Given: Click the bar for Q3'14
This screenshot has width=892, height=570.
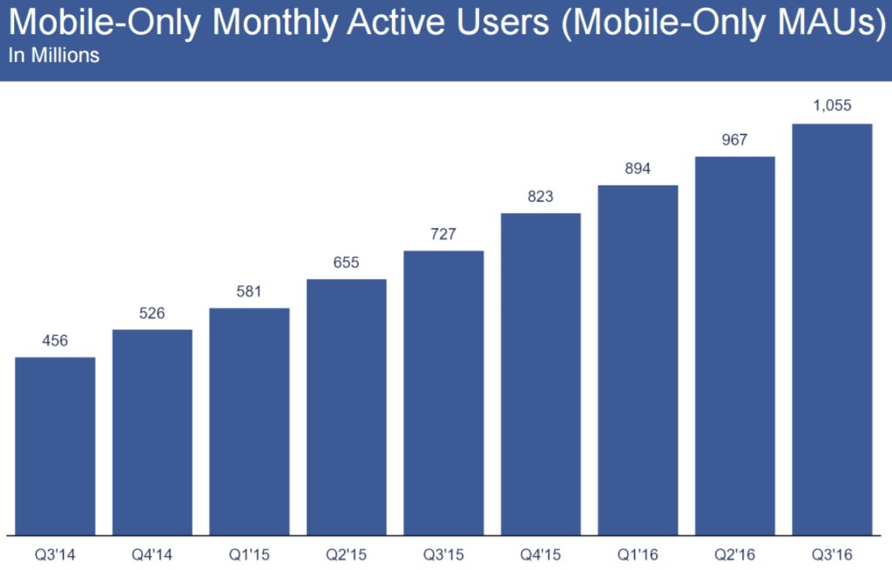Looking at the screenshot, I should (x=55, y=446).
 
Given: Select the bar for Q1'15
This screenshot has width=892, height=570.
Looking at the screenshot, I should (x=249, y=421).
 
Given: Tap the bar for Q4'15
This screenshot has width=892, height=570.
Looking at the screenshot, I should (x=540, y=374).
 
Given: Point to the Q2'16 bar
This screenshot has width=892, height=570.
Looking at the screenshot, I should (x=734, y=345).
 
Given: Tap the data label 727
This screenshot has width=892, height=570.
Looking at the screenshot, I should (x=443, y=233).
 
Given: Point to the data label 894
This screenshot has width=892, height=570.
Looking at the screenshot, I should (x=638, y=168).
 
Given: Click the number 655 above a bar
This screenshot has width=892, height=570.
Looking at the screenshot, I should (x=346, y=262).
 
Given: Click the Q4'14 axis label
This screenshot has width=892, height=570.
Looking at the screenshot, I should (x=152, y=553).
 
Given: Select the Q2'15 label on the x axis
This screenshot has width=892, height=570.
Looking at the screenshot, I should (x=346, y=553).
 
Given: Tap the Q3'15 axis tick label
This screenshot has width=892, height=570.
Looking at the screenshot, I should (x=443, y=553).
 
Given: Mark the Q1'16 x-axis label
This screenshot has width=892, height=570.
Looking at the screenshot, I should (x=638, y=553).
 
